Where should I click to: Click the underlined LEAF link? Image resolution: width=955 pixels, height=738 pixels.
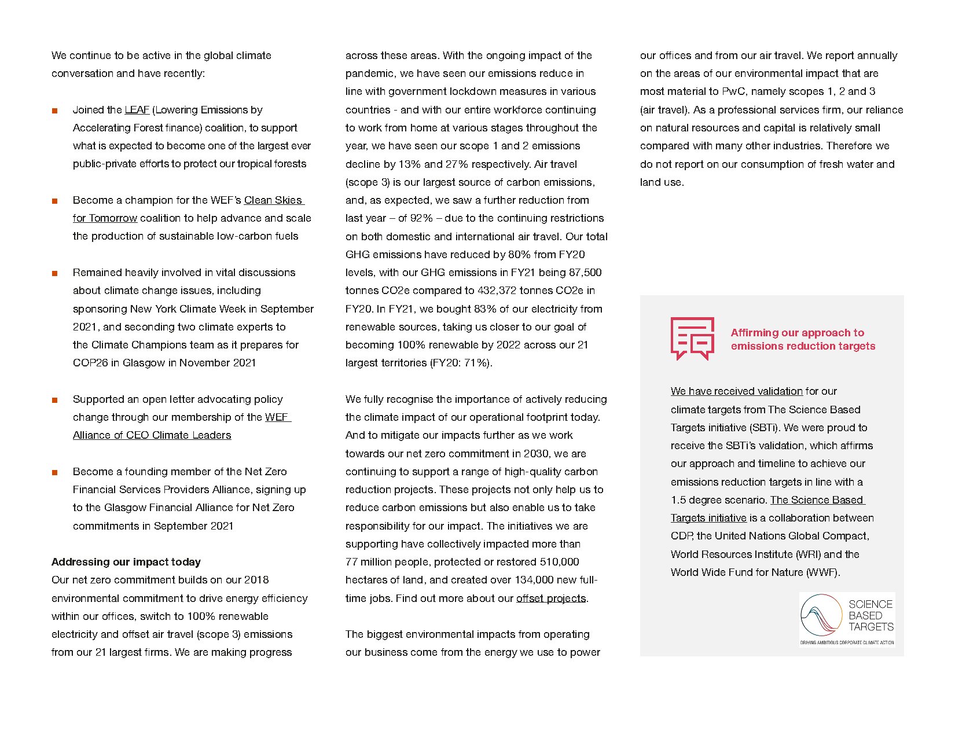coord(137,110)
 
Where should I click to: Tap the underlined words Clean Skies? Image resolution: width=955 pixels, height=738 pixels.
coord(273,200)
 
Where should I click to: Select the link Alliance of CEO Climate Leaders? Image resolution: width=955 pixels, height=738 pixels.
coord(152,435)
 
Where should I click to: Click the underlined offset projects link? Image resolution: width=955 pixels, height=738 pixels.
coord(551,599)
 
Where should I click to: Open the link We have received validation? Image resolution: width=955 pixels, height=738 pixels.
coord(736,391)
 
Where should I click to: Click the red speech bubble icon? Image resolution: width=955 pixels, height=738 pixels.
coord(692,338)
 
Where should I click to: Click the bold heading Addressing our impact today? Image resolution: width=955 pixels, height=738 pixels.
coord(126,562)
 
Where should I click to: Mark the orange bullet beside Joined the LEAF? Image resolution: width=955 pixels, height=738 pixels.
coord(55,111)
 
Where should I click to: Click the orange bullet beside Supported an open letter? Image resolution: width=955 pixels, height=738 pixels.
coord(55,400)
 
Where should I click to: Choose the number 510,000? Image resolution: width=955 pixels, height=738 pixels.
coord(559,562)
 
